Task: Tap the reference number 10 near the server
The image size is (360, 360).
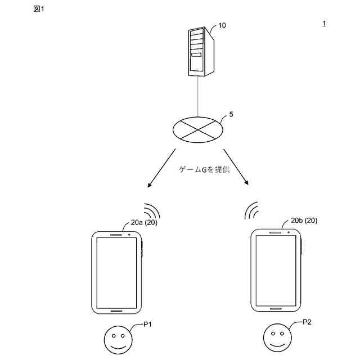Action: [223, 25]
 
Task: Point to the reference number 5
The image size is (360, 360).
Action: [231, 114]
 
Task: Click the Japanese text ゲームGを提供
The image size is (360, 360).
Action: [204, 170]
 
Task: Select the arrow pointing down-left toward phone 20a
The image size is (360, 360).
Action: [161, 168]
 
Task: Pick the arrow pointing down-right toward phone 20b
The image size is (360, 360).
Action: [236, 166]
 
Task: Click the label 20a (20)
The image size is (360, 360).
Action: [144, 223]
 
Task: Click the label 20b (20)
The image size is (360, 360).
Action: [304, 220]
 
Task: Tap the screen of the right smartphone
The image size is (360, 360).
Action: [276, 269]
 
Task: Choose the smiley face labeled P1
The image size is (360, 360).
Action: [118, 340]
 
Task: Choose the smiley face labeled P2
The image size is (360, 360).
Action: [277, 337]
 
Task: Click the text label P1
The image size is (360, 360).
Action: [148, 325]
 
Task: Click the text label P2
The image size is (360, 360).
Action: [307, 322]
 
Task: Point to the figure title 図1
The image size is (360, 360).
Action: [39, 8]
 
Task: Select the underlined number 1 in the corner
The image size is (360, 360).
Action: [324, 23]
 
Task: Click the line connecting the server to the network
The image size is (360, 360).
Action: [197, 96]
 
